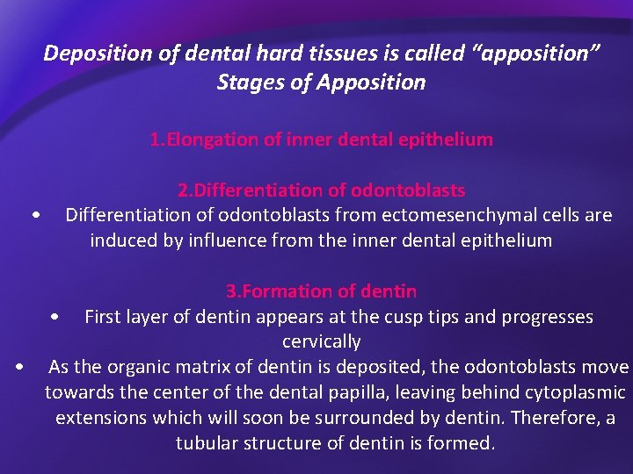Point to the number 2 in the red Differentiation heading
point(182,190)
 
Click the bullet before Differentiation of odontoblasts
point(34,216)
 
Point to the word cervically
point(321,341)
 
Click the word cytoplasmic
point(575,392)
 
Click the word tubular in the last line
point(207,443)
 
